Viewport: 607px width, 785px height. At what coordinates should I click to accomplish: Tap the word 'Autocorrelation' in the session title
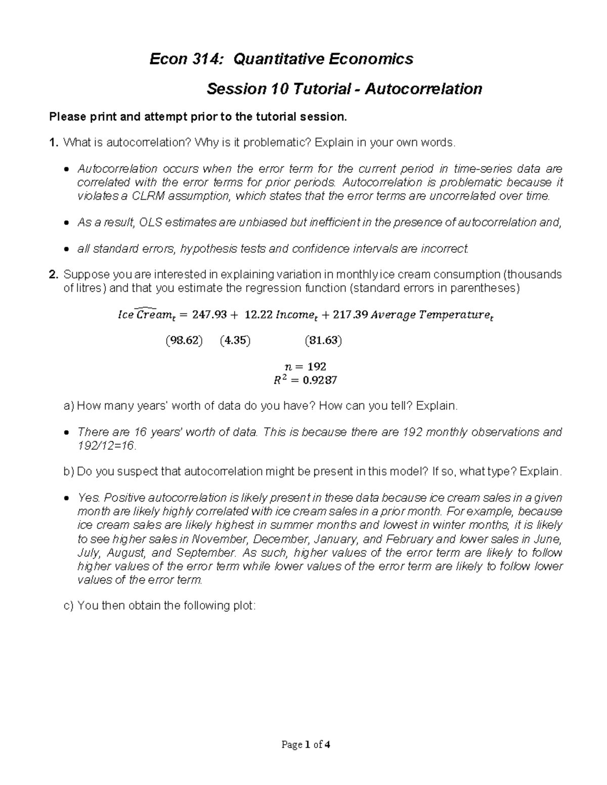point(423,89)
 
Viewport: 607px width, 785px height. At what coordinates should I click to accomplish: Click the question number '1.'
point(53,143)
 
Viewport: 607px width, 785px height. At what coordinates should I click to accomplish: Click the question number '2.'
point(53,274)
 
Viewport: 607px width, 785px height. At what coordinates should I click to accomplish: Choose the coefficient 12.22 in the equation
point(258,315)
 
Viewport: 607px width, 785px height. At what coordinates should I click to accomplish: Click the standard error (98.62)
point(184,341)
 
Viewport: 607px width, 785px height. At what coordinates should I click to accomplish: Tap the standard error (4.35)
point(235,341)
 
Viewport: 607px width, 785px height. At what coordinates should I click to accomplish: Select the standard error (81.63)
point(323,341)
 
